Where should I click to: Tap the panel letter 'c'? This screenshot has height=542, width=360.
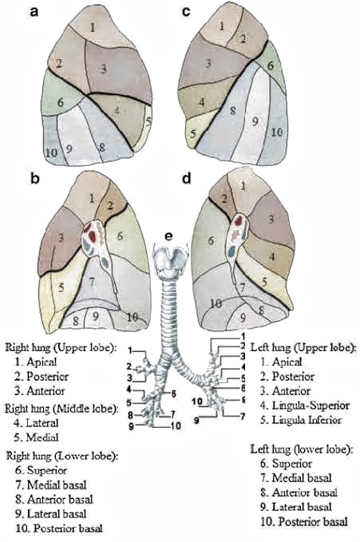[186, 11]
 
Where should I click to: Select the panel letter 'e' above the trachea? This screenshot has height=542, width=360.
[168, 237]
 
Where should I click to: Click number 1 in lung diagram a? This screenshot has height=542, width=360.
[93, 27]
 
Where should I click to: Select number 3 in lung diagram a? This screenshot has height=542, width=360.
[103, 69]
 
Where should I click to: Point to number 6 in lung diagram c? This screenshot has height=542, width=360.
[270, 65]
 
